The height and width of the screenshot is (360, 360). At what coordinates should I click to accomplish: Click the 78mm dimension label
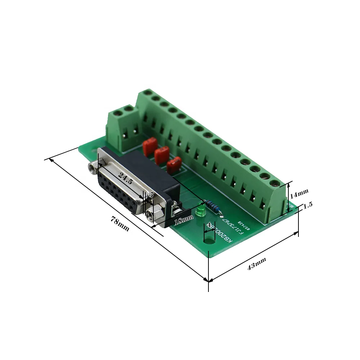click(120, 224)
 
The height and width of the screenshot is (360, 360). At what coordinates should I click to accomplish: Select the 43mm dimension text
click(256, 264)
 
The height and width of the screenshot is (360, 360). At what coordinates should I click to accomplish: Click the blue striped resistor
click(212, 207)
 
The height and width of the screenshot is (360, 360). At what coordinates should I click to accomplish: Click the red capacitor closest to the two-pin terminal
click(149, 145)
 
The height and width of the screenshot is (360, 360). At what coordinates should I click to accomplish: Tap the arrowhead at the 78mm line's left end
click(51, 159)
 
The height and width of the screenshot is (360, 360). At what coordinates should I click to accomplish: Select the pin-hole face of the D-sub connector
click(121, 191)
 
